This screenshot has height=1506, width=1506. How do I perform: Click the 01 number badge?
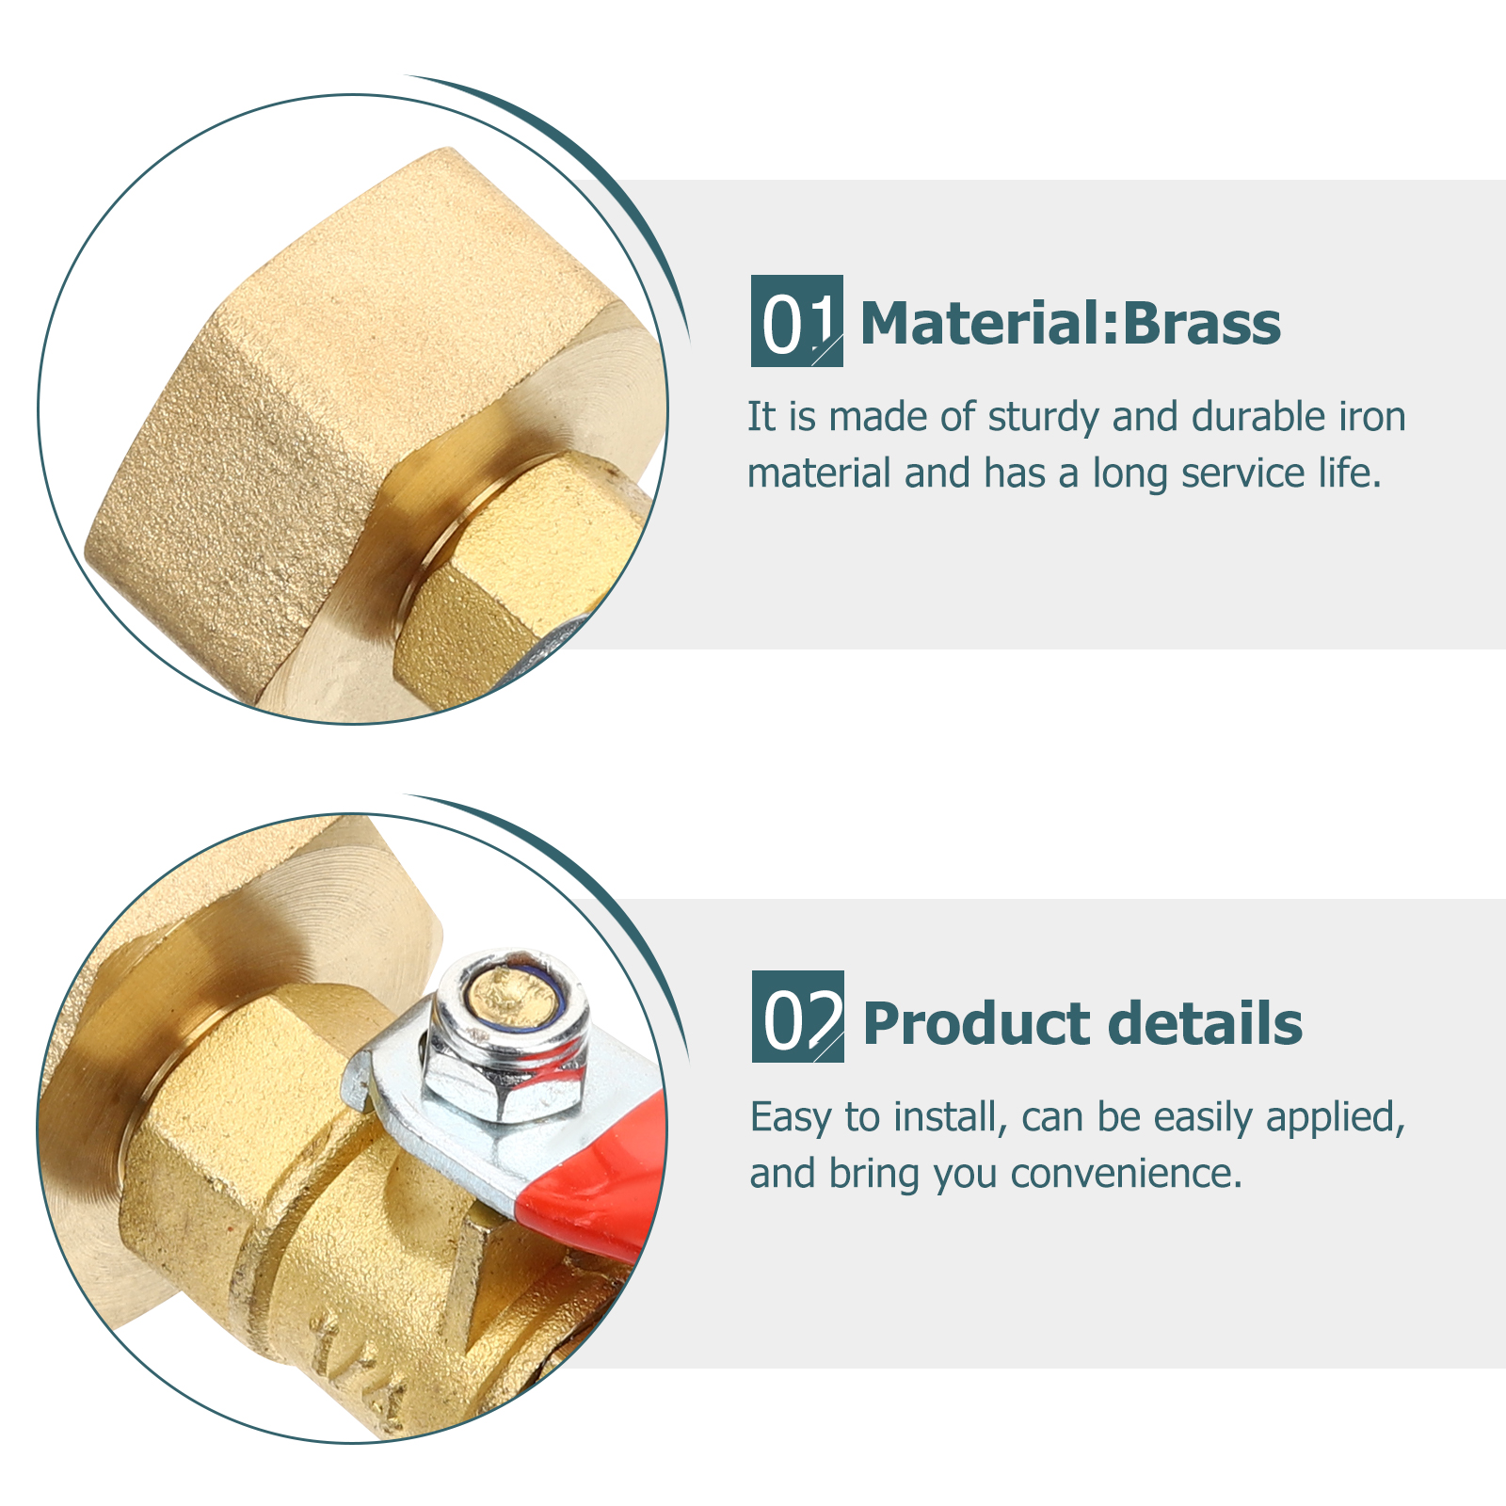[x=796, y=321]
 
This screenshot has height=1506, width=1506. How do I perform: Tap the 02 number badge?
[x=797, y=1017]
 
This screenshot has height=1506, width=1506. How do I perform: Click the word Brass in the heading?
[x=1202, y=324]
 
